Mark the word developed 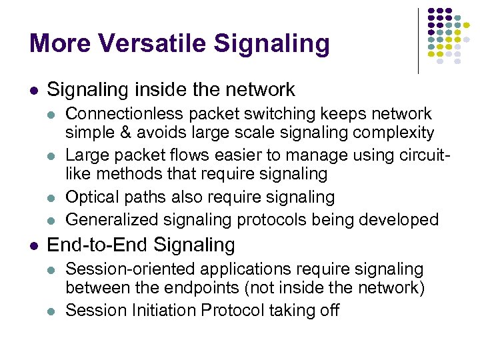400,219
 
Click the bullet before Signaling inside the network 34,90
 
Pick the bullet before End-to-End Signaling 34,246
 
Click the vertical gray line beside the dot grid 418,40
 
